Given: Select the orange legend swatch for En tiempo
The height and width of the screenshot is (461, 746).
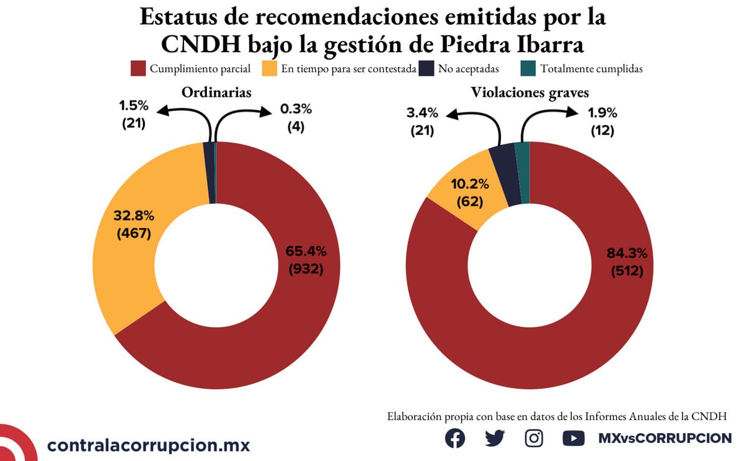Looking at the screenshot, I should [x=269, y=68].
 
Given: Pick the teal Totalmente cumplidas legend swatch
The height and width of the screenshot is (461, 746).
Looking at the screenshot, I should [x=527, y=68].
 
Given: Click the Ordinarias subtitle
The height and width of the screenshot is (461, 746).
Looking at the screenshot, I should [x=216, y=93].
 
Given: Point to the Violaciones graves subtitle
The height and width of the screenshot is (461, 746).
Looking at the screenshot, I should [x=530, y=93].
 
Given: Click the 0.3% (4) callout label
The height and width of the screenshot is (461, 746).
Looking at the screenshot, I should [x=296, y=117].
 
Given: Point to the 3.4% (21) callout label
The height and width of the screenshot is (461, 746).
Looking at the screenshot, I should [x=422, y=122].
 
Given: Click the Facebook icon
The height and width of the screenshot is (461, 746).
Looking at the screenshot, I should [x=455, y=438].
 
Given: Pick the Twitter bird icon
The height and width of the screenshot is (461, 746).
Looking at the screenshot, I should [x=495, y=438].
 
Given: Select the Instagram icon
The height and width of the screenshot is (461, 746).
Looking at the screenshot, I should [x=534, y=438].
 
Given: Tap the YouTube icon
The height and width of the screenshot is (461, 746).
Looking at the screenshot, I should [x=573, y=438].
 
